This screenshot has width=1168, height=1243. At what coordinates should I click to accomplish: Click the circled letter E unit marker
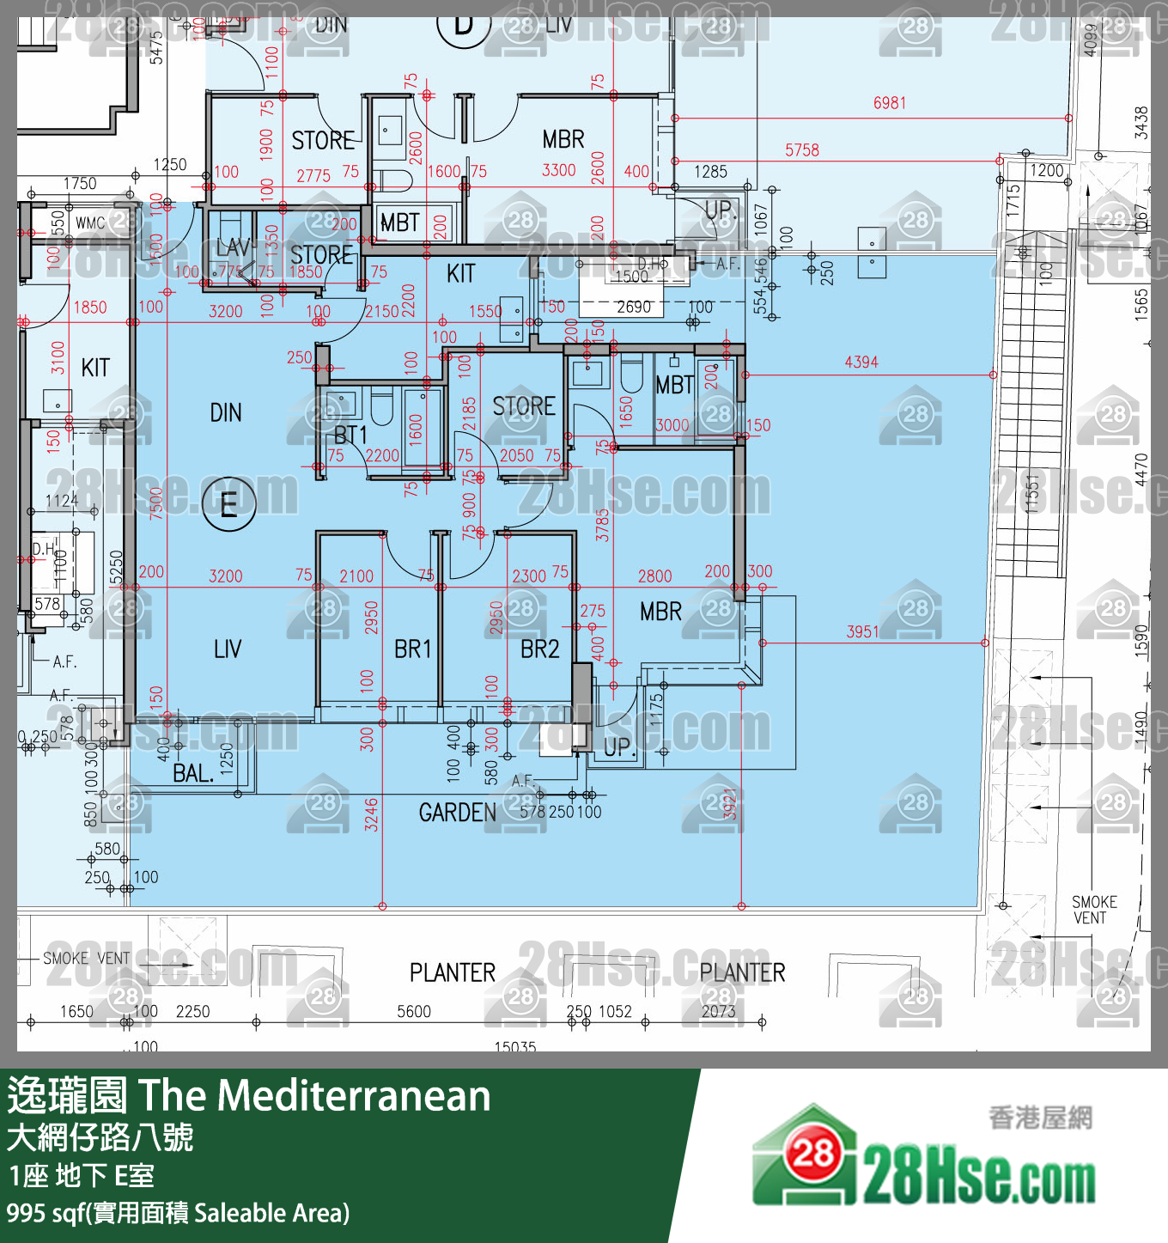[228, 503]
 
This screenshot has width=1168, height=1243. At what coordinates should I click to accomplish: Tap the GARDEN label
[457, 813]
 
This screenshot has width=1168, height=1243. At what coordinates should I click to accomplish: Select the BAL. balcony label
[193, 773]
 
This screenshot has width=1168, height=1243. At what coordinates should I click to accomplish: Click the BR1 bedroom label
[412, 649]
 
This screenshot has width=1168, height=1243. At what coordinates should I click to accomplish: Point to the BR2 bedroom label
[539, 649]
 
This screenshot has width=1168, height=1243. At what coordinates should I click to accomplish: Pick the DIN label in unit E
[226, 413]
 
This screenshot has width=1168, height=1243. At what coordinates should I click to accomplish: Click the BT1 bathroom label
[350, 435]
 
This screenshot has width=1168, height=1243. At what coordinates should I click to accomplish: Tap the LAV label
[233, 248]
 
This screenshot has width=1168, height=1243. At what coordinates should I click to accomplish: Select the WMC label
[90, 223]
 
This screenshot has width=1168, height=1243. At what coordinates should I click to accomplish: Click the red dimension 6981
[890, 103]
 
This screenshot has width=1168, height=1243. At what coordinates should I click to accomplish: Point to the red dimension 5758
[801, 150]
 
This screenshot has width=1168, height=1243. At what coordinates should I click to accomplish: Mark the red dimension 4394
[861, 363]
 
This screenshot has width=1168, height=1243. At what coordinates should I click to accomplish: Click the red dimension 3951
[862, 632]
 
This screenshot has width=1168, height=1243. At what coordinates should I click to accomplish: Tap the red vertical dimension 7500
[156, 503]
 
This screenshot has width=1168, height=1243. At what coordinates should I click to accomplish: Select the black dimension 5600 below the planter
[414, 1012]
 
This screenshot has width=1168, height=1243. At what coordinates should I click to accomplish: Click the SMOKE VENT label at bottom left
[86, 959]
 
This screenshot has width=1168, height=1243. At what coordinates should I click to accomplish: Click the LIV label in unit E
[228, 649]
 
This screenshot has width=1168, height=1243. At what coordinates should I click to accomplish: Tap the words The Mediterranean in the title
[314, 1096]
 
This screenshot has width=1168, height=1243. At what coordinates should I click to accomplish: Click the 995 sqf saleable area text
[178, 1213]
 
